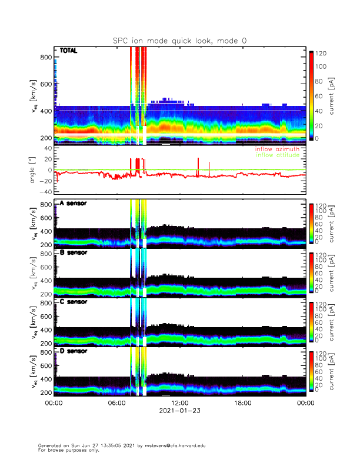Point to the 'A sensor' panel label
(x=73, y=204)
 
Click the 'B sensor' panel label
(x=73, y=253)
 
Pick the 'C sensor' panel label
(x=73, y=302)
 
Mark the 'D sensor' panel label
(x=73, y=351)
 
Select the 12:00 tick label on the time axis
(x=179, y=403)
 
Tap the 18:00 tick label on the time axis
(x=242, y=403)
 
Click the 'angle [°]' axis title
(x=34, y=170)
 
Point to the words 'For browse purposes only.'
(x=66, y=450)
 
